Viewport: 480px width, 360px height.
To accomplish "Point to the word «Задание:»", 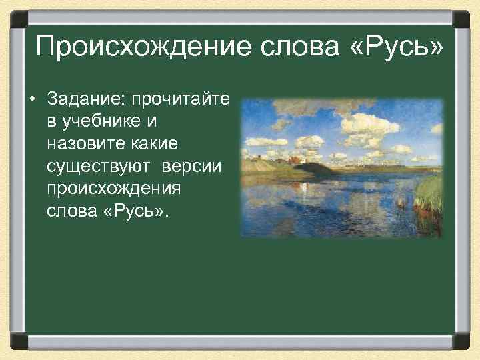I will coord(87,101).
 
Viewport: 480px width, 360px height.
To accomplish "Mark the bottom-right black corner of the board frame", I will coord(463,341).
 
